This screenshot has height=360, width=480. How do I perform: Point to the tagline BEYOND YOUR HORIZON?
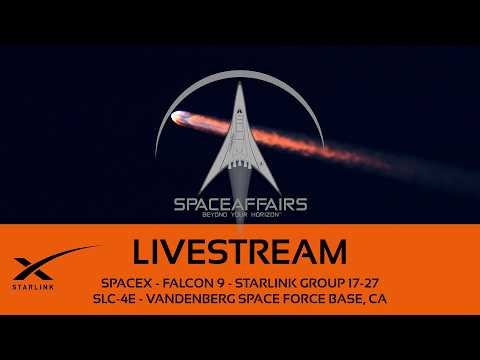point(239,217)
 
